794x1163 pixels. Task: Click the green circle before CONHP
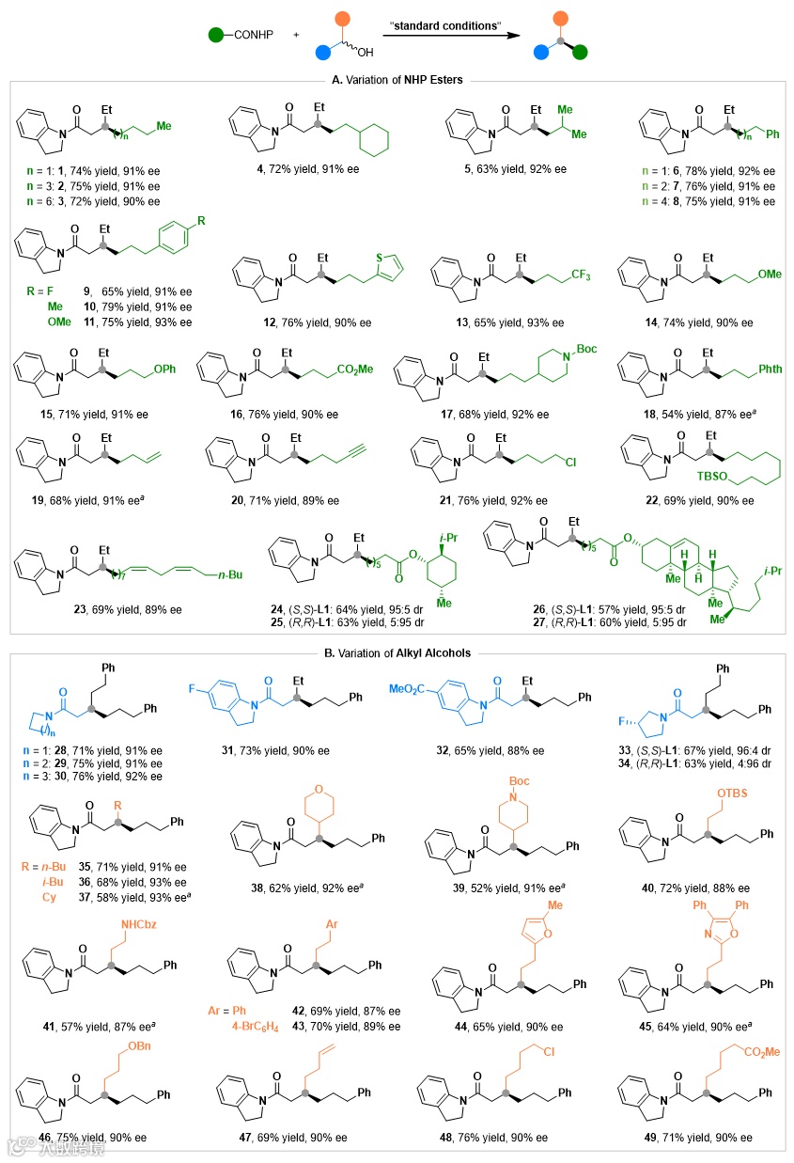(x=217, y=36)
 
